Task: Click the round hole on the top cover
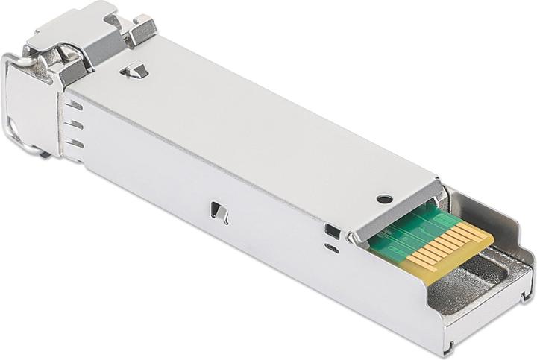385,199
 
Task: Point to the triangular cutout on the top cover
136,72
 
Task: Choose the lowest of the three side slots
74,143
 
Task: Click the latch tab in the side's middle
219,212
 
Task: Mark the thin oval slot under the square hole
332,249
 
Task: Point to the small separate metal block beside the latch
140,29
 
